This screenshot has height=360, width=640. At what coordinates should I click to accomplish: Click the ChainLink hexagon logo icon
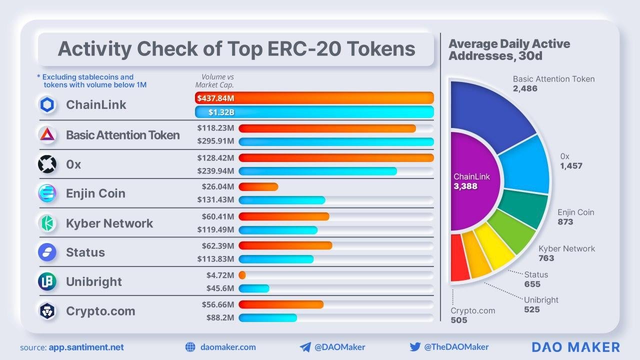point(47,105)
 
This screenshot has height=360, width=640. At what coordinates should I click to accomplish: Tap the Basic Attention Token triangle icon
point(47,134)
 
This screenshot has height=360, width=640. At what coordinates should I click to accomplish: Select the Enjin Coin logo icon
point(47,193)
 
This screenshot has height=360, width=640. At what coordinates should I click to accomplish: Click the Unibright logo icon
point(47,281)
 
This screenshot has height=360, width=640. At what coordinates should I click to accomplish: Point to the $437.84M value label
point(215,98)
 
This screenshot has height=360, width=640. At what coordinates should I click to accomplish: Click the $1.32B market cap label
point(221,112)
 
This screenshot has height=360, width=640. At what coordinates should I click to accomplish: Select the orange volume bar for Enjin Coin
point(258,187)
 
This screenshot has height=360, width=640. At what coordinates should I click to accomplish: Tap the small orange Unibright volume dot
point(242,275)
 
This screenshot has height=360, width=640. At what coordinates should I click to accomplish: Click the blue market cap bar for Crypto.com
point(268,317)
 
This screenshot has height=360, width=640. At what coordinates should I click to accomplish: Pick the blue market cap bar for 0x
point(318,171)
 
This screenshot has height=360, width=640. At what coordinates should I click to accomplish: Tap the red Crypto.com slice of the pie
point(459,257)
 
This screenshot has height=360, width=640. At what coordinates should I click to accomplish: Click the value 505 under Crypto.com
point(459,320)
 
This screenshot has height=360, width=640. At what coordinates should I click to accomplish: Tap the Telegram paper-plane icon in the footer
point(305,347)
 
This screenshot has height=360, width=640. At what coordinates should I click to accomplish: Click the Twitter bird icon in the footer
point(415,347)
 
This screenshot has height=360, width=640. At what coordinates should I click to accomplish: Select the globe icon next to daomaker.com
point(190,347)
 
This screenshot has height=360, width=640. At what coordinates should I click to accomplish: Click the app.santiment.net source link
point(86,347)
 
